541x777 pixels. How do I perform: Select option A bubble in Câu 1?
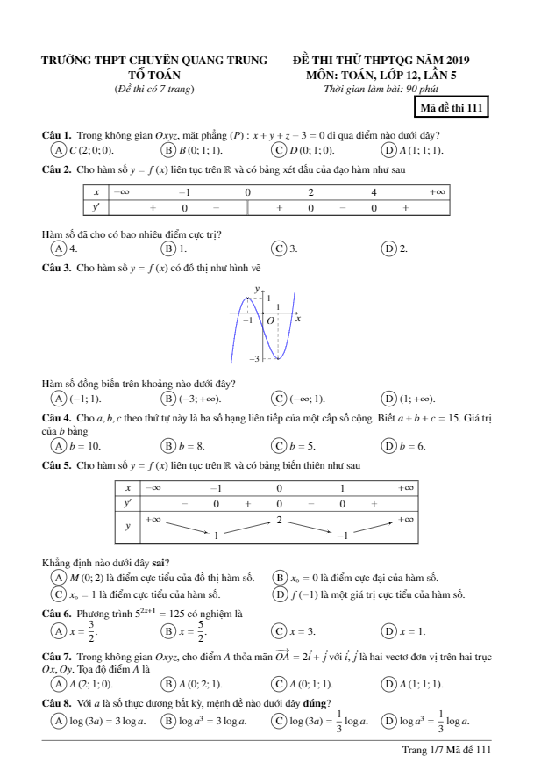click(59, 149)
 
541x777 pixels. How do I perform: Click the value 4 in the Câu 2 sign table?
click(373, 191)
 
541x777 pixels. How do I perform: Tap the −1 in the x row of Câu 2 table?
click(184, 191)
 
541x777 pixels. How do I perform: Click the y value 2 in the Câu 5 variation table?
click(279, 521)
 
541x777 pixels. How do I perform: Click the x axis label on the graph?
click(298, 319)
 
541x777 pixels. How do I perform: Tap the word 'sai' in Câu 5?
click(160, 562)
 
